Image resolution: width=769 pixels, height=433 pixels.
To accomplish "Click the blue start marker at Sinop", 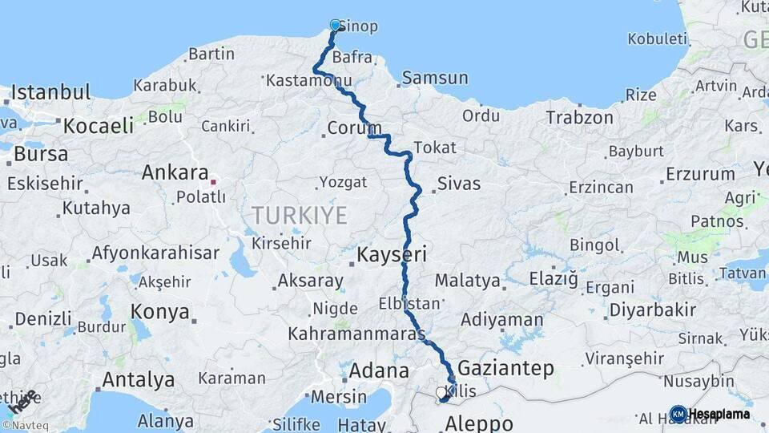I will pyautogui.click(x=335, y=25).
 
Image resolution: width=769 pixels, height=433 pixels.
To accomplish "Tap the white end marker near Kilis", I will pyautogui.click(x=440, y=393).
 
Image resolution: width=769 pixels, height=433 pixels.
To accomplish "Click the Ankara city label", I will pyautogui.click(x=175, y=172).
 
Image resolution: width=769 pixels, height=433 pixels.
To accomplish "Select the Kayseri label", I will pyautogui.click(x=392, y=255).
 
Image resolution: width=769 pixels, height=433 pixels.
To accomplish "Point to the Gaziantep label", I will pyautogui.click(x=505, y=368).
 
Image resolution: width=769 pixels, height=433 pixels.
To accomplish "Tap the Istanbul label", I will pyautogui.click(x=50, y=91).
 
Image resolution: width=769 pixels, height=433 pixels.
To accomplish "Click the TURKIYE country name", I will pyautogui.click(x=300, y=215).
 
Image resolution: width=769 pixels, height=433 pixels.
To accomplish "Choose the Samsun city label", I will pyautogui.click(x=435, y=78).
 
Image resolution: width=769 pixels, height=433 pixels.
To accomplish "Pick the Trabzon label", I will pyautogui.click(x=579, y=118).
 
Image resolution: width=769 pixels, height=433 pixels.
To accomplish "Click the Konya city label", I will pyautogui.click(x=161, y=312).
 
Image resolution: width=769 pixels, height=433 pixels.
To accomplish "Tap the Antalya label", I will pyautogui.click(x=139, y=378).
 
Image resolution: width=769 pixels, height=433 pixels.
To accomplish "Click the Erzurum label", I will pyautogui.click(x=699, y=173).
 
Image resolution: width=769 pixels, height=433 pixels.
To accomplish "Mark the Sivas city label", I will pyautogui.click(x=458, y=184).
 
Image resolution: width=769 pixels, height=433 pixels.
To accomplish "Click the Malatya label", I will pyautogui.click(x=468, y=281).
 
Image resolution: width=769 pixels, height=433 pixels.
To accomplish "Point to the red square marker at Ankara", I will pyautogui.click(x=214, y=182).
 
